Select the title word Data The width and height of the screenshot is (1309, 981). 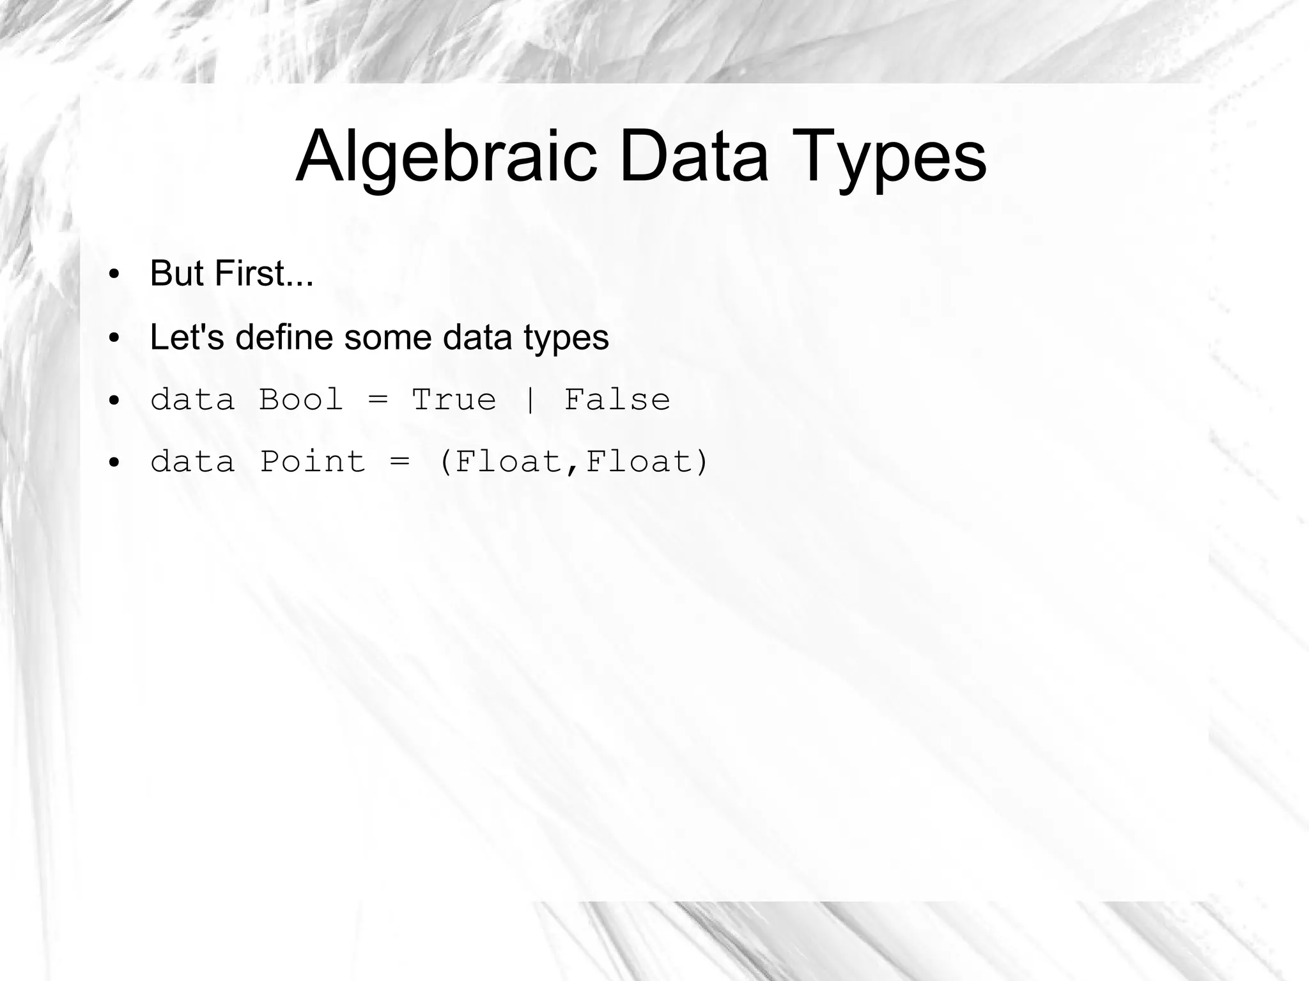point(693,157)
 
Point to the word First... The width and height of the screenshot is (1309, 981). point(263,274)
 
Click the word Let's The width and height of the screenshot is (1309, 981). point(187,337)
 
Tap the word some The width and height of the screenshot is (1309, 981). point(387,337)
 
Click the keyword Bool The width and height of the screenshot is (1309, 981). point(301,400)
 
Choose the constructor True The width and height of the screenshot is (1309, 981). point(454,400)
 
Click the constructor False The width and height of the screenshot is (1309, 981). point(617,400)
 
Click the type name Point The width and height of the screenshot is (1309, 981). point(313,461)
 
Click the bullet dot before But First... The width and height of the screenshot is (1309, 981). point(114,275)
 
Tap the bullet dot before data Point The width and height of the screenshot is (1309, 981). point(114,463)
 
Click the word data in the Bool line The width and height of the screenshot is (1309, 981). point(192,400)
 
